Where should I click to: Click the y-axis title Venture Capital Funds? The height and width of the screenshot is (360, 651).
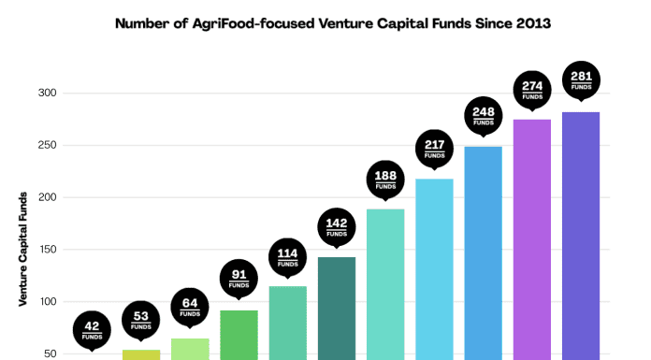coord(22,249)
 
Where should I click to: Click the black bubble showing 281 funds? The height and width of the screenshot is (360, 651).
coord(580,80)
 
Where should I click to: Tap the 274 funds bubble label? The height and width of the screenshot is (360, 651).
coord(531,87)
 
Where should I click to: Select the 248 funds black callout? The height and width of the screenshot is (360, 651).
coord(483,114)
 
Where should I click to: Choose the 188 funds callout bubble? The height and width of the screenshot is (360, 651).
coord(385,178)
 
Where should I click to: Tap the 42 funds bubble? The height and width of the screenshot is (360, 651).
coord(93,329)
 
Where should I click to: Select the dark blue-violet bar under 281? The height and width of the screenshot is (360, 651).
coord(580,234)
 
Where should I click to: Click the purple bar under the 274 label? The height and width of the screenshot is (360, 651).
coord(531,238)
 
